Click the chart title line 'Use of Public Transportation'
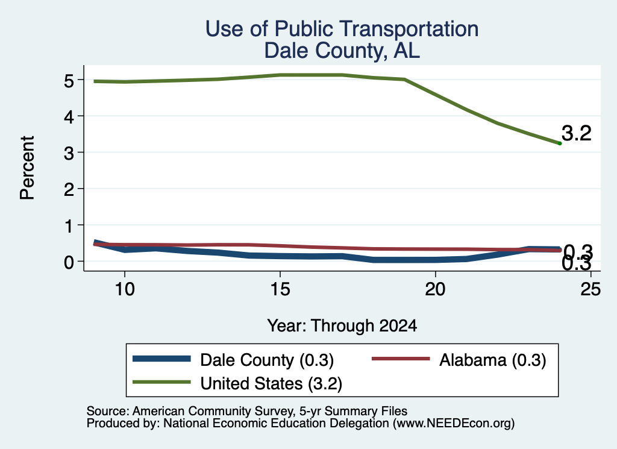(342, 29)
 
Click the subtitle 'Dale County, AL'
(342, 51)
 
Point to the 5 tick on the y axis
(69, 81)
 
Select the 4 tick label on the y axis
(69, 117)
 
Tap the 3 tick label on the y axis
(69, 153)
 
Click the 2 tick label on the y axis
(69, 190)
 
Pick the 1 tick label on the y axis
(69, 226)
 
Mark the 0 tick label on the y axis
(69, 262)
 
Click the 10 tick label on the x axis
(125, 289)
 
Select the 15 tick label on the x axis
(280, 289)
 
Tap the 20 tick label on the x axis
(435, 289)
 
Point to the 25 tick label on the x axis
(590, 289)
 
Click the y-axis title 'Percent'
(28, 168)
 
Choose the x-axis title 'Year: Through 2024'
(342, 326)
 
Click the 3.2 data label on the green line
(576, 133)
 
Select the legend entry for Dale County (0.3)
(233, 360)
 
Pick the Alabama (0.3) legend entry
(459, 360)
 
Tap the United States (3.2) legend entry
(237, 383)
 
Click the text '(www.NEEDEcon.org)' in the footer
(454, 424)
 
